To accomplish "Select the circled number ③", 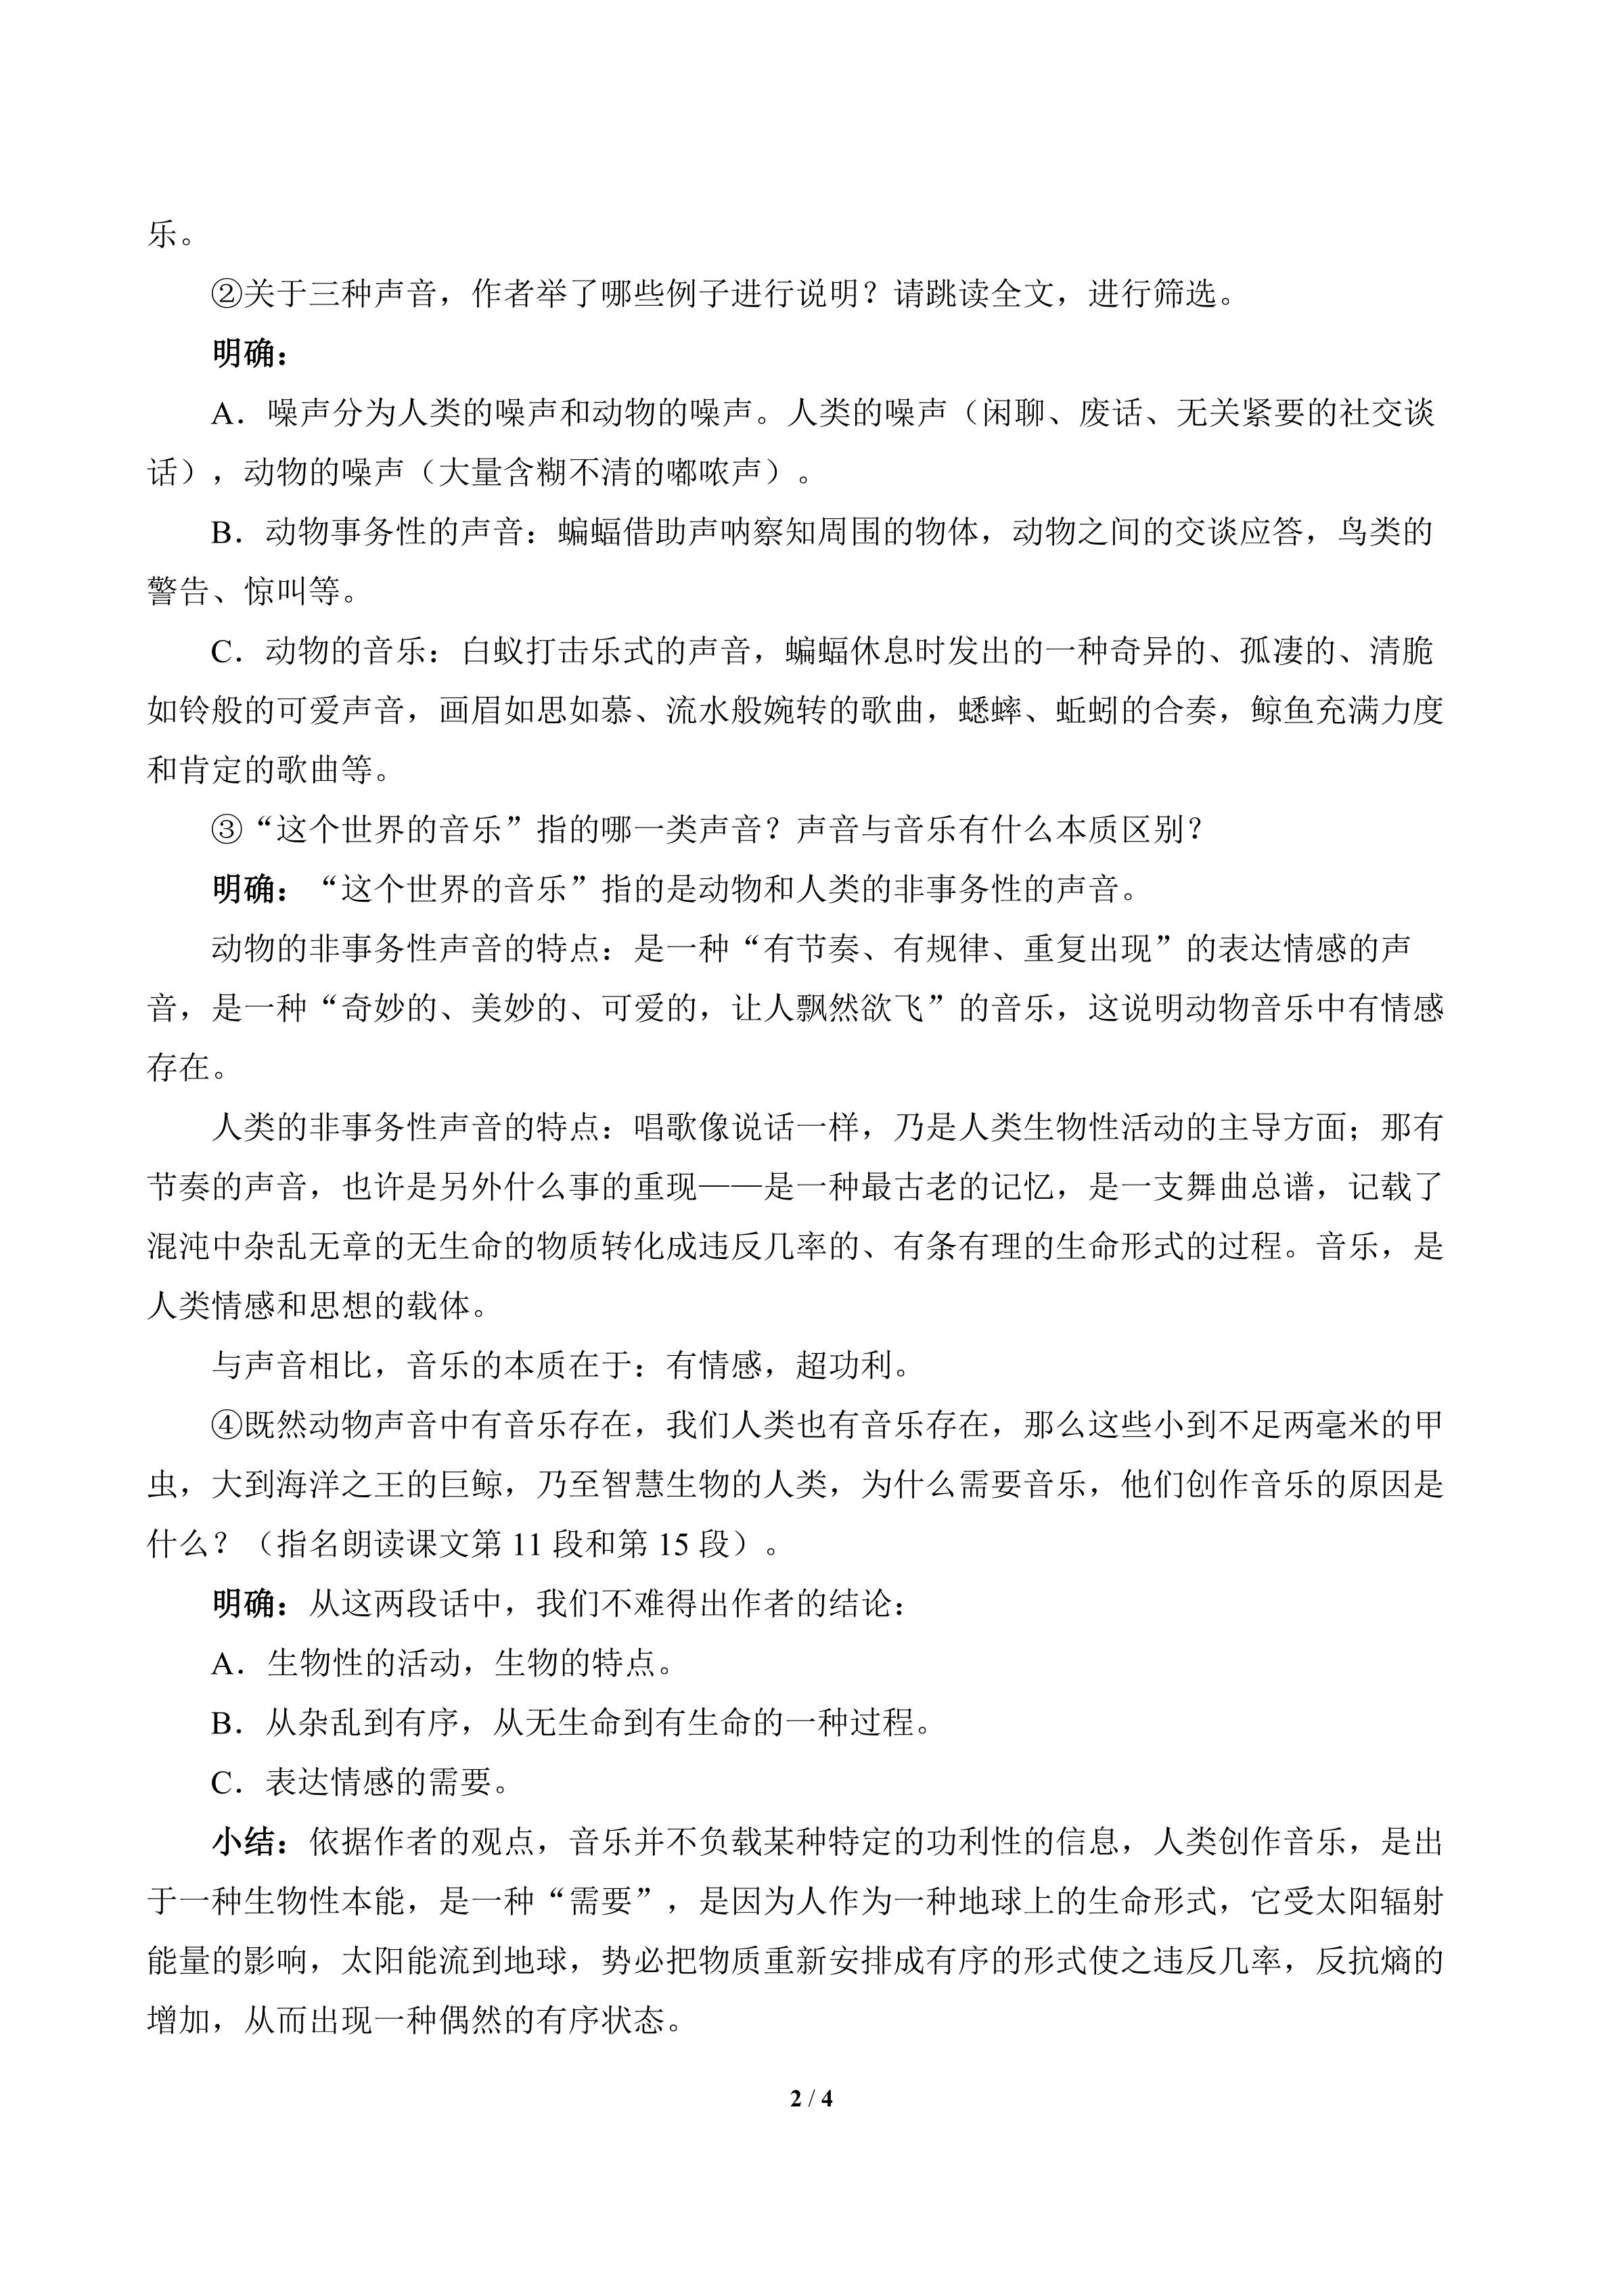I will coord(227,829).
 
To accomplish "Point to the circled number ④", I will coord(227,1426).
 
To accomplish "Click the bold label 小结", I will coord(244,1844).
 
